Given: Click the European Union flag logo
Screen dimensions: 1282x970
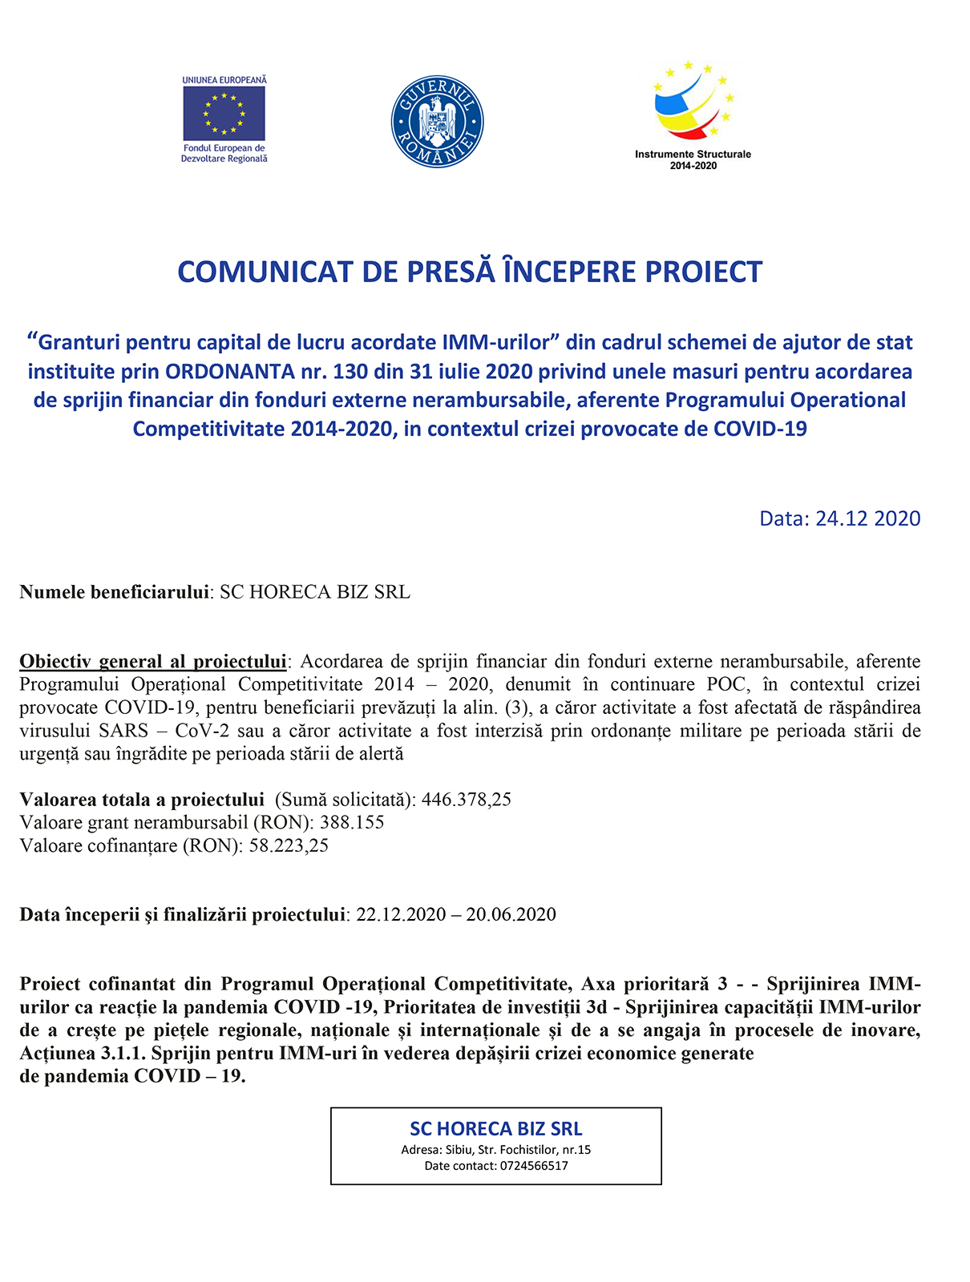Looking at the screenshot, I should (x=224, y=113).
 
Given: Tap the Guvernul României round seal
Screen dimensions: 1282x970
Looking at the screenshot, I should (x=437, y=123).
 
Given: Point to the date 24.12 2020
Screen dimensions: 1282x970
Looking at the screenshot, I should (x=867, y=518).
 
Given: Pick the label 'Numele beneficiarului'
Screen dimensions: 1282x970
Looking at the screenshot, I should (x=114, y=592).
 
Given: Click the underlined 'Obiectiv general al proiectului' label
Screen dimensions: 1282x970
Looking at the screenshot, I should (x=152, y=662).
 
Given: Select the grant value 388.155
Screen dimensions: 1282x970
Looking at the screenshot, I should (x=352, y=822).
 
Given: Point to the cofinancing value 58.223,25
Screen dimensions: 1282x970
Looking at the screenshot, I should (x=289, y=845).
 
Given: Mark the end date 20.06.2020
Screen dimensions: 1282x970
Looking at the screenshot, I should (x=511, y=914).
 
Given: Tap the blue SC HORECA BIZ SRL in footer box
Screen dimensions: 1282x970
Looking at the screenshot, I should (x=496, y=1129).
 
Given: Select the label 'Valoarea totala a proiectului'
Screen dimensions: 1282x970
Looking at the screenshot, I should (x=142, y=800).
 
